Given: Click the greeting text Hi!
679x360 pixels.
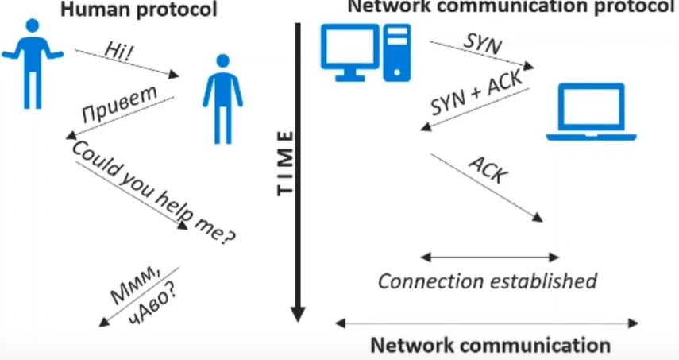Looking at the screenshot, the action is coord(119,51).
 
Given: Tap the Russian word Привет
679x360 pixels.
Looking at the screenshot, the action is coord(120,104).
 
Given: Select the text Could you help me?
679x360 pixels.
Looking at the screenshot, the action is coord(154,192).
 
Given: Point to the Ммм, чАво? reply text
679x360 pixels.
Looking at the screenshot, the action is coord(145,294).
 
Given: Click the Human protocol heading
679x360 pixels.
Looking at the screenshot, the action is coord(138,9).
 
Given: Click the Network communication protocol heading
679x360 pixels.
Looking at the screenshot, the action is coord(511,7).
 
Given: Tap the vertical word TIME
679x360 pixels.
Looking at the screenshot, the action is coord(285,163).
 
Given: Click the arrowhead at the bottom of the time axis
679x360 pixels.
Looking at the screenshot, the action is coord(298,314).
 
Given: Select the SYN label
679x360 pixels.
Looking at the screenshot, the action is coord(483,44).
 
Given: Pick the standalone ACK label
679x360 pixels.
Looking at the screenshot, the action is coord(489,170).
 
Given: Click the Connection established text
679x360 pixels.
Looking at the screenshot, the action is coord(488,281).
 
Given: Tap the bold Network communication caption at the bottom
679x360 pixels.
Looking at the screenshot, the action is coord(491,345).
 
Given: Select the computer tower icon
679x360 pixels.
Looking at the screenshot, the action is coord(396,52).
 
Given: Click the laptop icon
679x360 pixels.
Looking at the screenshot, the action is coord(591,112).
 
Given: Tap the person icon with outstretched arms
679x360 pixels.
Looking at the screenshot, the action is coord(33,64).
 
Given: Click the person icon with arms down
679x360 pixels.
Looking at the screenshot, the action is coord(222,99).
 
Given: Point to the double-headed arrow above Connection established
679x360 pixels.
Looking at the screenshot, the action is coord(490,257).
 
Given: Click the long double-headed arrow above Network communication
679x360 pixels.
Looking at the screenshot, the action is coord(487,323).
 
